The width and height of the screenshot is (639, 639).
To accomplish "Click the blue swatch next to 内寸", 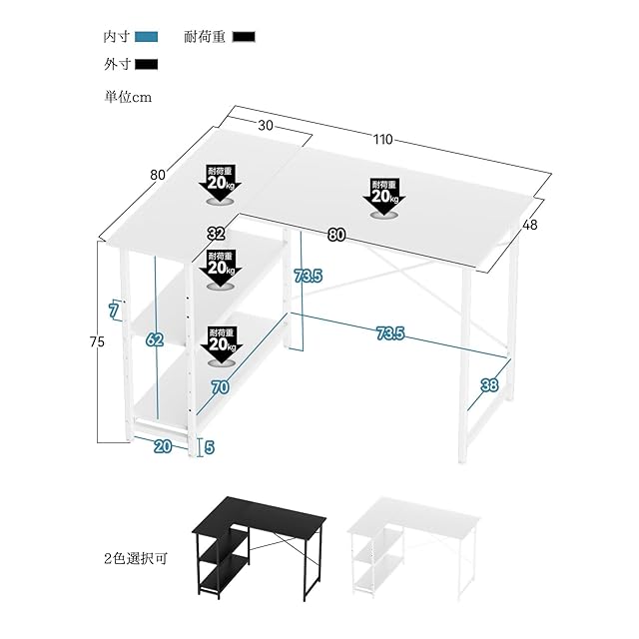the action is tap(147, 38).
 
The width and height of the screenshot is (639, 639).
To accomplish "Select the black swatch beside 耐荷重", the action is tap(244, 38).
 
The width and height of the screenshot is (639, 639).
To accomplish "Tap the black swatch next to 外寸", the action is tap(147, 66).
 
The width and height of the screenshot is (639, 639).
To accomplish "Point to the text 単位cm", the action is tap(127, 97).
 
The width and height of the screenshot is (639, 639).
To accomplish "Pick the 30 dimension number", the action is tap(265, 125).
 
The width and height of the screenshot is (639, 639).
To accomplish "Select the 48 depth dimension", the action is tap(529, 225).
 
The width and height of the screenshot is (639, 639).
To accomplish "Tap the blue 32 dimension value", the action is tap(216, 234).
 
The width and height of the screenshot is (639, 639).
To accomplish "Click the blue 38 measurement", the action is tap(488, 384).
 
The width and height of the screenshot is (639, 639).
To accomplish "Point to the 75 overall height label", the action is tap(96, 341).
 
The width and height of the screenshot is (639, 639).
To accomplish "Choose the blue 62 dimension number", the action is tap(154, 339).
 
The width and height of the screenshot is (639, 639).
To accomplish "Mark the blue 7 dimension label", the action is tap(114, 311).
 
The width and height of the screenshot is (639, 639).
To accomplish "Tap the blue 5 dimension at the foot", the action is tap(209, 447).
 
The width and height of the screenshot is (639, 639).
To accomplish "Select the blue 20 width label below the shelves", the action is tap(162, 446).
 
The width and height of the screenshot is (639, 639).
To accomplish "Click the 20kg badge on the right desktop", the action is tap(384, 196).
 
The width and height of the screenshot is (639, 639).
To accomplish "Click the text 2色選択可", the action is tap(136, 558).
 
